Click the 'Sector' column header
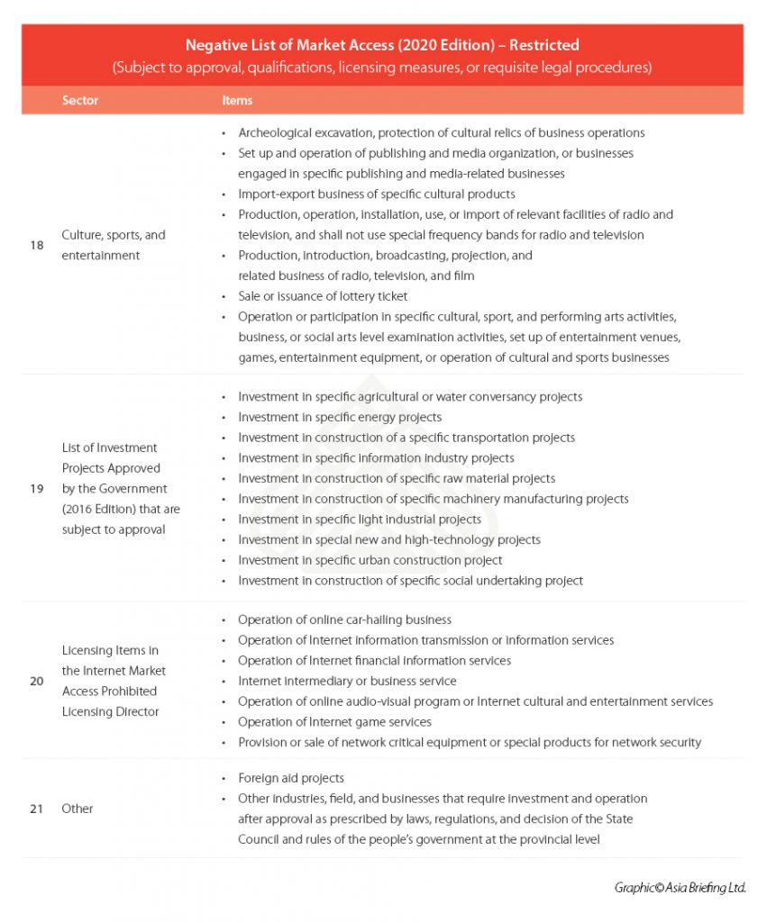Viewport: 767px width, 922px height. (80, 100)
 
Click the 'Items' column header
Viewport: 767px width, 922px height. (237, 100)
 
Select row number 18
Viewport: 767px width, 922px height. (37, 245)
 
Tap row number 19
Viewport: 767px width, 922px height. (37, 489)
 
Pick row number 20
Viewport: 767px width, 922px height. (37, 681)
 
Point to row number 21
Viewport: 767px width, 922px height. (37, 809)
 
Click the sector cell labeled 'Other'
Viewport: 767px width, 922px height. (78, 809)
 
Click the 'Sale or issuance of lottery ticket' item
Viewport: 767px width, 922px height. (323, 296)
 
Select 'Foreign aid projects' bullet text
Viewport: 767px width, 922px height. (291, 778)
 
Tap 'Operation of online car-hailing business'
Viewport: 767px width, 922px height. (344, 619)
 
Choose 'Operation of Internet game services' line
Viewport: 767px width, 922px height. (334, 722)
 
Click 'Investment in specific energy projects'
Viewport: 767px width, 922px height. (340, 417)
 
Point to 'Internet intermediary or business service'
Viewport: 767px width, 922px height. (347, 681)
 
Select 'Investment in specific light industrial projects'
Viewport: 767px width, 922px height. (360, 520)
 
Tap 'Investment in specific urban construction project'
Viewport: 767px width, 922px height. (370, 560)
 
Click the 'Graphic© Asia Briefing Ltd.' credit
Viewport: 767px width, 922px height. (680, 888)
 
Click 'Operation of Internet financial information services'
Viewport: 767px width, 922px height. (374, 660)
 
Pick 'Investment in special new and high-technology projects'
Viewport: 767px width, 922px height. (389, 540)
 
